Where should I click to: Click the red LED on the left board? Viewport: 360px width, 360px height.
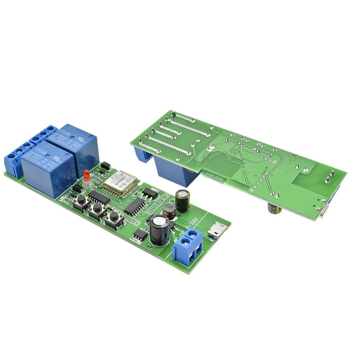(86, 176)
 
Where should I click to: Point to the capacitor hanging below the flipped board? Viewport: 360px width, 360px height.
(275, 209)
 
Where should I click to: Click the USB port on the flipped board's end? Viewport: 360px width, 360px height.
(325, 212)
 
